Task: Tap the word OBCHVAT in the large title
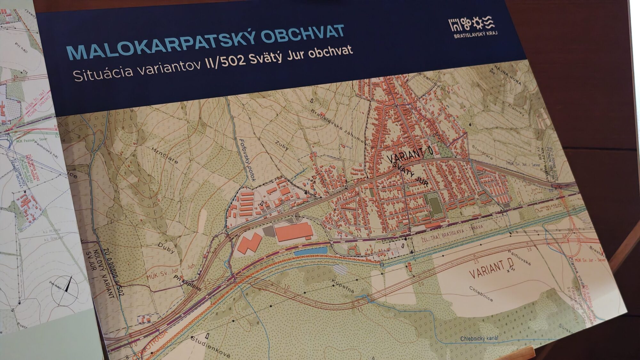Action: (302, 34)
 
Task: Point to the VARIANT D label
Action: (491, 269)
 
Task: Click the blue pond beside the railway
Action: (310, 251)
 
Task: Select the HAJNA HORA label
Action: (508, 75)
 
